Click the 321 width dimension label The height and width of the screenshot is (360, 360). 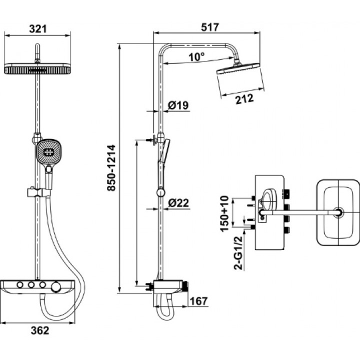click(x=38, y=29)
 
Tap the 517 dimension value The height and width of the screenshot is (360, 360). click(x=210, y=27)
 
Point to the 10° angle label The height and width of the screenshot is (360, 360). click(x=196, y=56)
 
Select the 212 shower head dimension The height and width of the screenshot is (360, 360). click(x=244, y=99)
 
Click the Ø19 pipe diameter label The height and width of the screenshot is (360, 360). click(x=178, y=105)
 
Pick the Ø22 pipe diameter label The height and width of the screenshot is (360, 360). click(x=178, y=203)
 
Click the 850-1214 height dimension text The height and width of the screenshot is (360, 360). click(x=112, y=168)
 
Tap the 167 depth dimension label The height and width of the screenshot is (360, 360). click(x=199, y=301)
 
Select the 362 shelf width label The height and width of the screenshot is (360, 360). click(x=40, y=330)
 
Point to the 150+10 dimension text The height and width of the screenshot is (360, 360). click(x=224, y=213)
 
